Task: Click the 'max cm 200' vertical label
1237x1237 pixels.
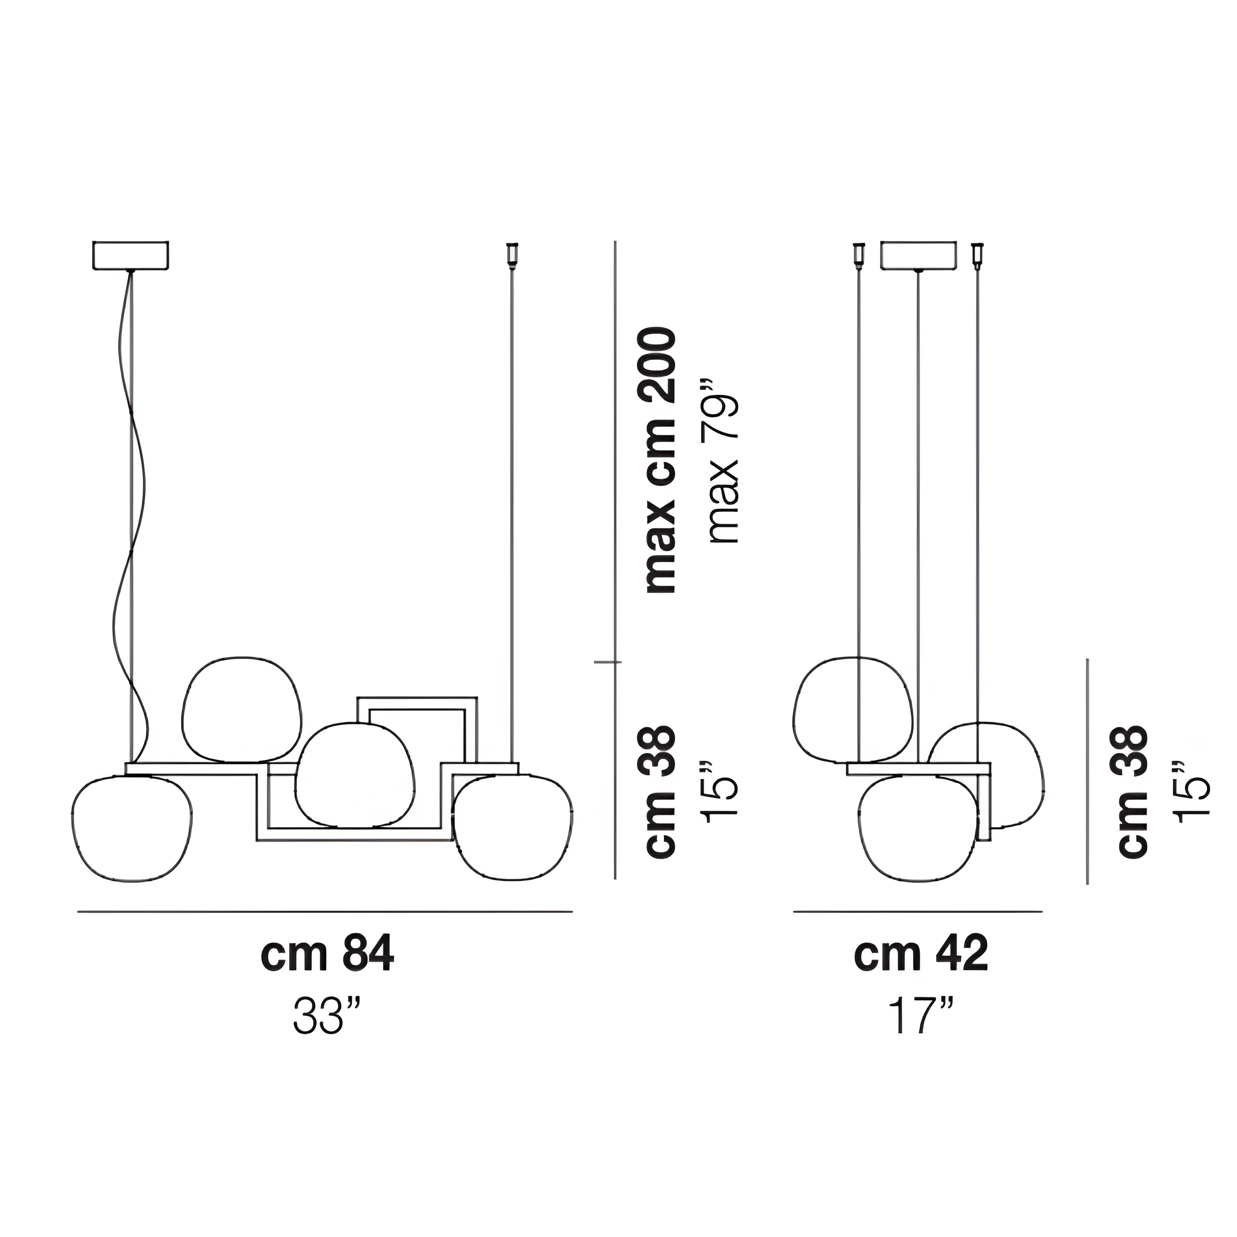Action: click(x=661, y=460)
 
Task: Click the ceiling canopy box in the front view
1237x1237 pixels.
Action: click(x=130, y=256)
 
